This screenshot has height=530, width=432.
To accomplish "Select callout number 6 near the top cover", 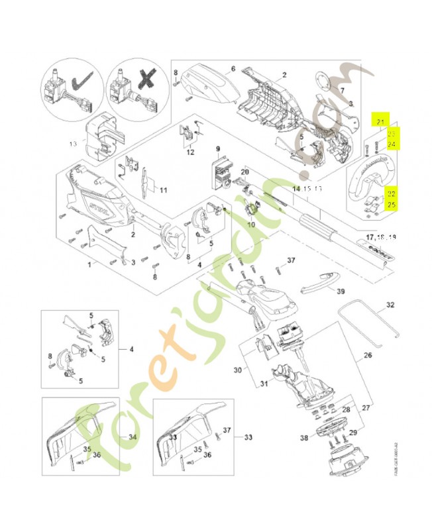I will click(x=233, y=69).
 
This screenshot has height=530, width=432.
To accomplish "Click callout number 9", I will click(x=217, y=149).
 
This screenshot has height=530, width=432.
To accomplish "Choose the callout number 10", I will click(x=251, y=225).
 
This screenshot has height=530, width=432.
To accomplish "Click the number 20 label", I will click(x=244, y=172).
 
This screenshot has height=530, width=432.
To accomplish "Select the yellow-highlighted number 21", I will click(x=380, y=121).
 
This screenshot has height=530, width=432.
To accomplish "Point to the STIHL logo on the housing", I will click(x=101, y=205).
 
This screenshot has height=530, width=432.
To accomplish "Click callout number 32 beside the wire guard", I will click(x=390, y=305).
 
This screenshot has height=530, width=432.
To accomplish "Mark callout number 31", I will click(x=264, y=384).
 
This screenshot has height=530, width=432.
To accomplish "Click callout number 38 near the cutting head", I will click(x=304, y=438).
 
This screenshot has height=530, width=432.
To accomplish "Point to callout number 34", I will click(x=132, y=437).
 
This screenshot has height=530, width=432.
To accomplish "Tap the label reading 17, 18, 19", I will click(x=380, y=237).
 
